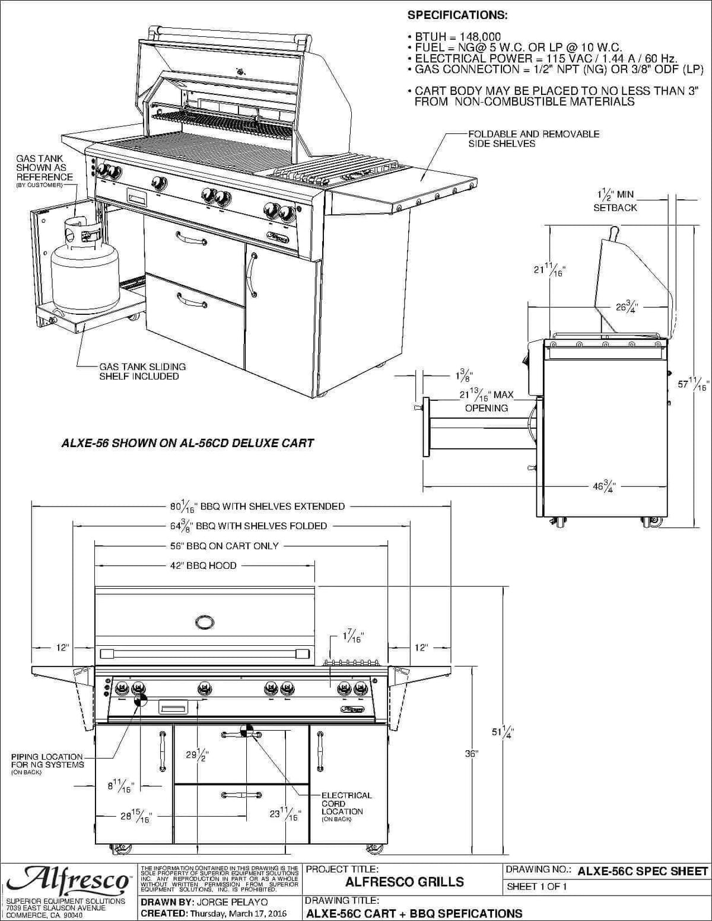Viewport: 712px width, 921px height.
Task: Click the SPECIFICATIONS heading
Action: [457, 15]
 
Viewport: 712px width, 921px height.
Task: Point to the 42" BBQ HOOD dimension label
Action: [204, 566]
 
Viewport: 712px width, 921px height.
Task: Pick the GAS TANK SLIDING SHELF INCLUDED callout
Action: [142, 371]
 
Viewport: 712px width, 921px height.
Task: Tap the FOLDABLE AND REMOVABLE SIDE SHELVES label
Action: [533, 139]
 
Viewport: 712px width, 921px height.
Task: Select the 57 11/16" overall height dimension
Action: [693, 384]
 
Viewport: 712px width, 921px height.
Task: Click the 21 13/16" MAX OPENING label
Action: [486, 401]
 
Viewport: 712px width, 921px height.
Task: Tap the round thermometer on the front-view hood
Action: [205, 622]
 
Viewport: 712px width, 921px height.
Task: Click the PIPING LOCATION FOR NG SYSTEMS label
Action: [47, 761]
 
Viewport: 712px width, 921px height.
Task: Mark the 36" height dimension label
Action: [471, 754]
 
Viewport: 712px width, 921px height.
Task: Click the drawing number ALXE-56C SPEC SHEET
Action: [643, 871]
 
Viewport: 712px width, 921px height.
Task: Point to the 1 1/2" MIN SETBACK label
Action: [615, 200]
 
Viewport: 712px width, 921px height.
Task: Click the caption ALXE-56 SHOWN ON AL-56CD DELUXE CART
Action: [187, 443]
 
